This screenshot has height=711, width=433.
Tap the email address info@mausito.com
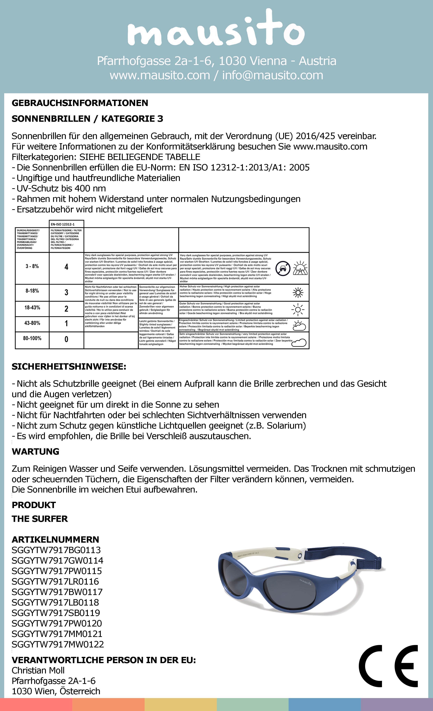click(x=272, y=75)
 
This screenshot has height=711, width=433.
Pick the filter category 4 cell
click(x=66, y=267)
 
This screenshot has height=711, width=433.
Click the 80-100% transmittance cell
click(x=32, y=338)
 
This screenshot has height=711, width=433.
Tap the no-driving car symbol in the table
click(x=282, y=268)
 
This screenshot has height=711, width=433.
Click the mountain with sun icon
click(x=300, y=268)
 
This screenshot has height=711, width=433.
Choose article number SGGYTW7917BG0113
click(x=56, y=550)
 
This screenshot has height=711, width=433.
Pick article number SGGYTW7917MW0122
click(x=58, y=644)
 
